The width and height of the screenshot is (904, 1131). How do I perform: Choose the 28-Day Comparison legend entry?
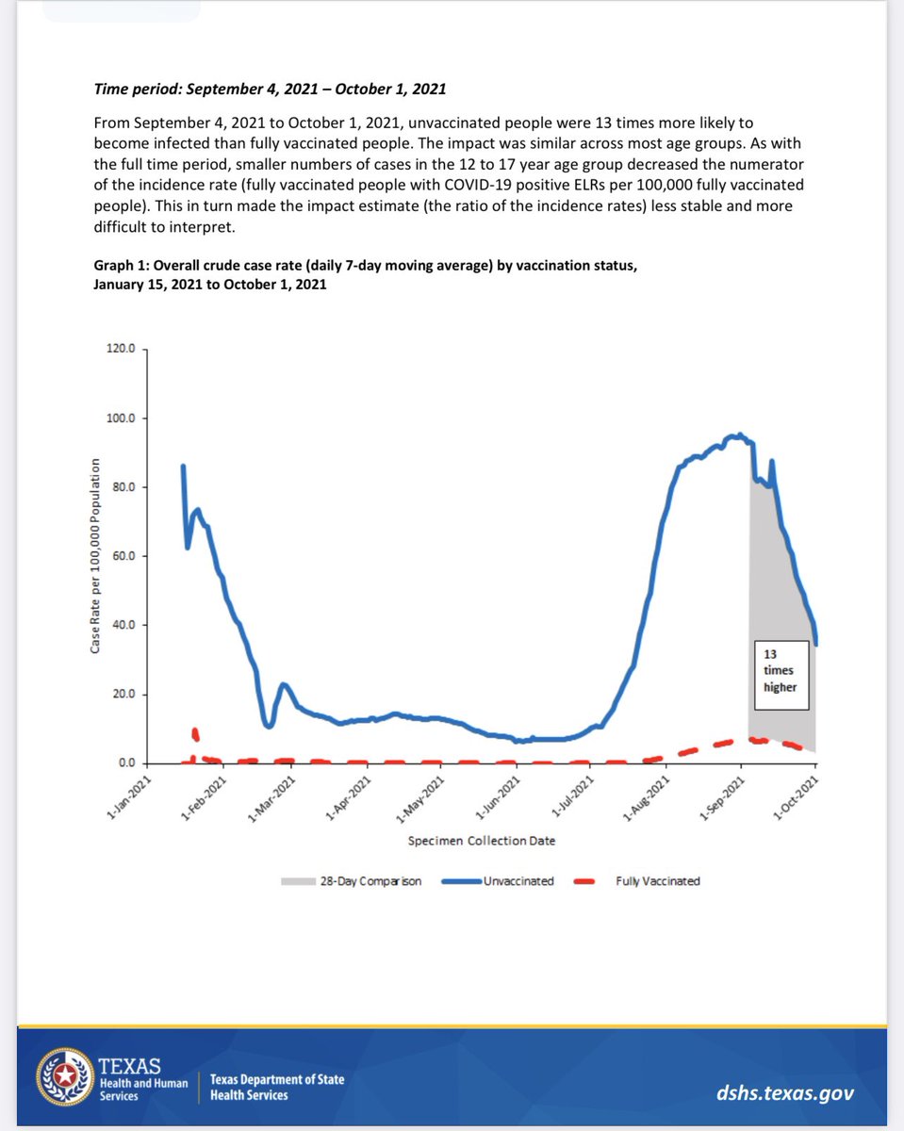(x=351, y=881)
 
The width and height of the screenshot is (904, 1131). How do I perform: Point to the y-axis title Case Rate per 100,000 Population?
(x=96, y=556)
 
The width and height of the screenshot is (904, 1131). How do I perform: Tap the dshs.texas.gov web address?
(x=785, y=1093)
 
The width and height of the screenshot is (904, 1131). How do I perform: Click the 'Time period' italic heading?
(x=270, y=90)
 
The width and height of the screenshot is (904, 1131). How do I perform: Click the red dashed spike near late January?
(x=195, y=733)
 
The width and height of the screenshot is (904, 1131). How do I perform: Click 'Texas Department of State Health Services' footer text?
(x=276, y=1087)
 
